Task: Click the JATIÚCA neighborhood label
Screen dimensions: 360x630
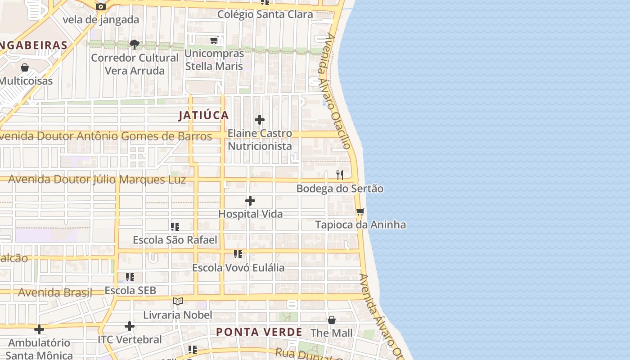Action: pyautogui.click(x=204, y=116)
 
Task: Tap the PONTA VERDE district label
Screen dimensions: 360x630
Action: pyautogui.click(x=259, y=332)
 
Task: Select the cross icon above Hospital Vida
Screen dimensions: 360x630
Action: pyautogui.click(x=250, y=201)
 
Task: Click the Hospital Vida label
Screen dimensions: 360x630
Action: pyautogui.click(x=251, y=214)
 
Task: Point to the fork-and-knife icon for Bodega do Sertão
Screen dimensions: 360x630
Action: pyautogui.click(x=340, y=175)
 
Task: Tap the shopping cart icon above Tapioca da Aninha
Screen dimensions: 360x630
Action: pyautogui.click(x=360, y=211)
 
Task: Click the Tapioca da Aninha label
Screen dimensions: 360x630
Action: pyautogui.click(x=360, y=225)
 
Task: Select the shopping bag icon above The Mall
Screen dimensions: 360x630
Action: pyautogui.click(x=332, y=320)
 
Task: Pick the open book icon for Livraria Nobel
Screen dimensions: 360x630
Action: pyautogui.click(x=178, y=301)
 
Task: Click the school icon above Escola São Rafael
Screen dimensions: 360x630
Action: pyautogui.click(x=175, y=227)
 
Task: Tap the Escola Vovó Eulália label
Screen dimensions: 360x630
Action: pyautogui.click(x=238, y=268)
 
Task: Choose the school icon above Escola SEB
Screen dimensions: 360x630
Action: pyautogui.click(x=130, y=277)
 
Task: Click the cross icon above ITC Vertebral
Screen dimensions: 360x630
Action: pyautogui.click(x=130, y=326)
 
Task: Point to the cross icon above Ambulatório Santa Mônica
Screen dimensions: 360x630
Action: pyautogui.click(x=39, y=329)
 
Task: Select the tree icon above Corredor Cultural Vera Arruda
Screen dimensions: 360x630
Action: pyautogui.click(x=134, y=44)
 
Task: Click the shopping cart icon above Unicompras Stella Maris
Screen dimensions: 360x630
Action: pyautogui.click(x=214, y=40)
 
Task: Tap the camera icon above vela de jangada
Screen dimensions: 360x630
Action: pyautogui.click(x=101, y=6)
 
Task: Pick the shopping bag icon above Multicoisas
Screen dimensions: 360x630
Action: pyautogui.click(x=25, y=67)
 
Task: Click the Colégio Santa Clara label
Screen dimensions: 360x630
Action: pyautogui.click(x=265, y=14)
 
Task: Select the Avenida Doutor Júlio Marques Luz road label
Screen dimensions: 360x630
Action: pyautogui.click(x=97, y=180)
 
